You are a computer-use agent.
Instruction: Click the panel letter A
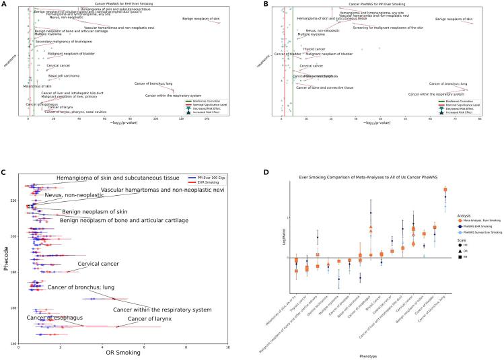pos(5,3)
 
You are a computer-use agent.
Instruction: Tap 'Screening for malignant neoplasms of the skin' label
pos(388,28)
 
